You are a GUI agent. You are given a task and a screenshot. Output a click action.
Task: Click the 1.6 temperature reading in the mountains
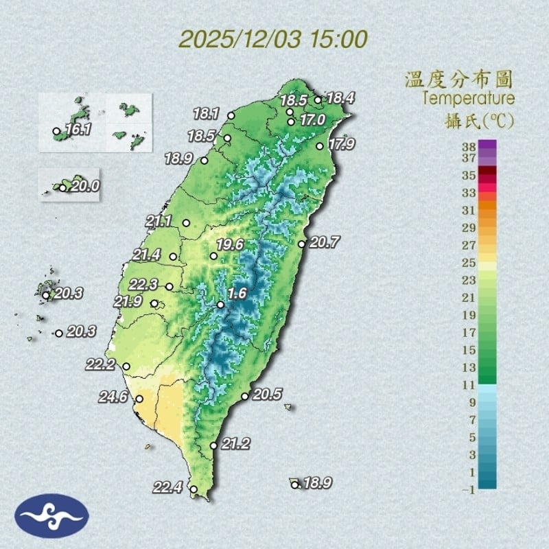point(237,294)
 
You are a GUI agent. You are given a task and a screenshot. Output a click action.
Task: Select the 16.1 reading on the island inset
point(79,129)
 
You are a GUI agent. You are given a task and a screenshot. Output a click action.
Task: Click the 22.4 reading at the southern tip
point(167,488)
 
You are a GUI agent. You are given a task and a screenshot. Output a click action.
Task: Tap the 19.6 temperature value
point(231,244)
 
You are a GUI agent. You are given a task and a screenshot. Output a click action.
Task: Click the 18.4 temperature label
point(340,98)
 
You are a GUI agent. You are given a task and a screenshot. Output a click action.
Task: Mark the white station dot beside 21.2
point(214,446)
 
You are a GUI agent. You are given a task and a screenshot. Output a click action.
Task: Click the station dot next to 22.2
point(126,366)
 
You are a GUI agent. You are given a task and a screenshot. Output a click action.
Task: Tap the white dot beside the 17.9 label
point(320,145)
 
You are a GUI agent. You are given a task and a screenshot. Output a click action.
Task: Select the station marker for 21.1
point(186,222)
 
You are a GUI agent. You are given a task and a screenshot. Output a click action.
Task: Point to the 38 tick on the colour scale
point(469,145)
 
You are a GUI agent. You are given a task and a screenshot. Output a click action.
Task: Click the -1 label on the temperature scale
point(469,489)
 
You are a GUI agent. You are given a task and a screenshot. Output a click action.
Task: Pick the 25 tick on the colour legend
point(469,263)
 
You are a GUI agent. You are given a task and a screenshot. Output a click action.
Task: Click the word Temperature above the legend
point(469,98)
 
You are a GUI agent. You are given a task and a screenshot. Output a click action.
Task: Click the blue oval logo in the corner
point(52,515)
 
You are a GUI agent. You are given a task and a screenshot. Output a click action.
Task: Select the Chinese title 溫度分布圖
point(459,79)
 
